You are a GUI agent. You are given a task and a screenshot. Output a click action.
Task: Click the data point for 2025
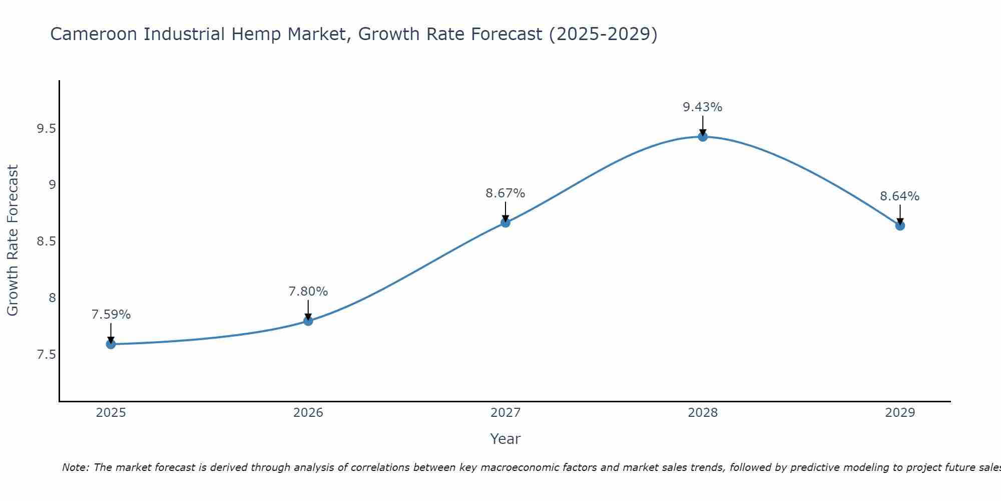[111, 344]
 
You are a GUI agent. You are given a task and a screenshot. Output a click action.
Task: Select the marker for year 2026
[308, 321]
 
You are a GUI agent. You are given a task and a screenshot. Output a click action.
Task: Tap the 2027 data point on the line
[506, 222]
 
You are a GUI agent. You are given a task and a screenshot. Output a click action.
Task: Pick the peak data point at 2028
[703, 137]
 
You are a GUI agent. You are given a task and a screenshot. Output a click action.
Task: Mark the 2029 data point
[900, 225]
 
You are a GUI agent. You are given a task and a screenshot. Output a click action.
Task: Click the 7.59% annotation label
[111, 315]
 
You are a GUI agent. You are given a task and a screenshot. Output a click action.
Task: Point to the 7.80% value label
[308, 292]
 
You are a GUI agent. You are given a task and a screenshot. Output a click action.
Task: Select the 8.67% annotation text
[506, 193]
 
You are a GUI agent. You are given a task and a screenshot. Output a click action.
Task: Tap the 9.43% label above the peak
[703, 107]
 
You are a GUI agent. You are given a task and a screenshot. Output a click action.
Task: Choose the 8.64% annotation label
[900, 196]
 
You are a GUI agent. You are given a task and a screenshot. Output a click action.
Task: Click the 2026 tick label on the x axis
[308, 413]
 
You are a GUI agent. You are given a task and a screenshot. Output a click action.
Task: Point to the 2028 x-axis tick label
[703, 413]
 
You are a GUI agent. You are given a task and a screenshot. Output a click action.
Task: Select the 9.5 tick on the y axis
[46, 129]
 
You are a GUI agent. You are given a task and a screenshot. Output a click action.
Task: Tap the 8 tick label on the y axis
[52, 298]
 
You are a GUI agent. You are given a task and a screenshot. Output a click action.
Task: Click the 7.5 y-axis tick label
[46, 355]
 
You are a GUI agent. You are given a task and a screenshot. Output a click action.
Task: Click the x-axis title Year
[506, 439]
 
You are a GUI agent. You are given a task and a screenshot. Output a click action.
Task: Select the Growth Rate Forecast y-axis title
[13, 240]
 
